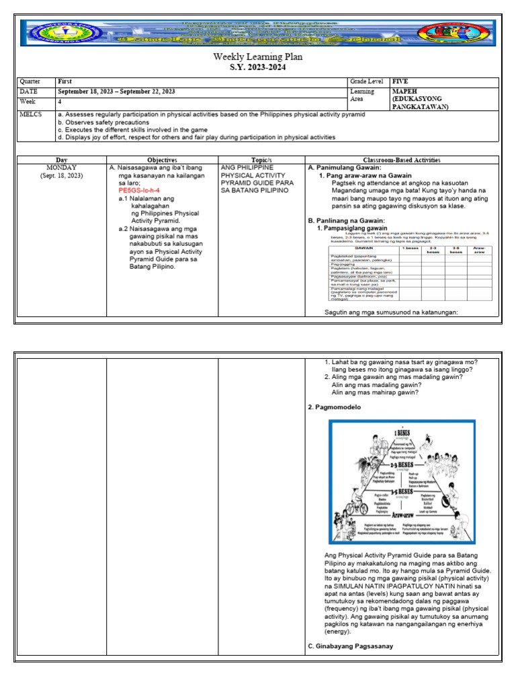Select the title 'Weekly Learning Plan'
257,56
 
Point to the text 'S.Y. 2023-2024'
257,68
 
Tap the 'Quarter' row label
30,81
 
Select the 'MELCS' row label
31,114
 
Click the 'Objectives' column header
162,160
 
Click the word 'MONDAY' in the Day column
61,167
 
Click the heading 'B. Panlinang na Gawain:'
346,220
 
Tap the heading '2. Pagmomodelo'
334,407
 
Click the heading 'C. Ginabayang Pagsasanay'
350,646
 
